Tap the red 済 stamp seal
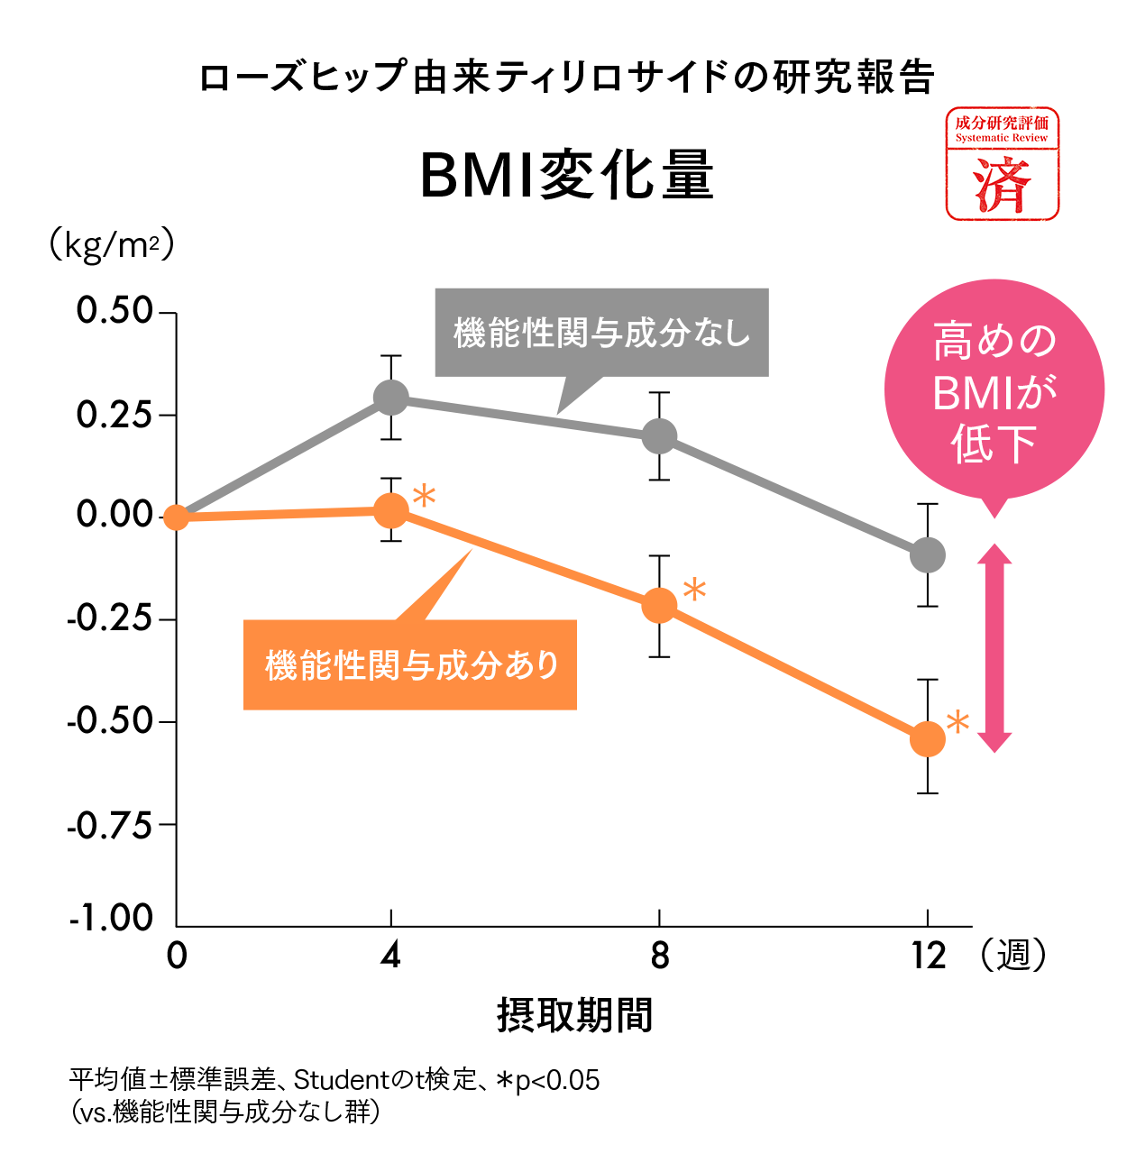pyautogui.click(x=1002, y=164)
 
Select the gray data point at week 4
pyautogui.click(x=390, y=398)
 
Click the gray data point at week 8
pyautogui.click(x=659, y=436)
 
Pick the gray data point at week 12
pyautogui.click(x=927, y=554)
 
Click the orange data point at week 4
pyautogui.click(x=390, y=511)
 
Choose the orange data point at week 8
pyautogui.click(x=659, y=605)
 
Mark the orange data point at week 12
pyautogui.click(x=927, y=739)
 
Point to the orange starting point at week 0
pyautogui.click(x=177, y=517)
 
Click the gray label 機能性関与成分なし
pyautogui.click(x=601, y=333)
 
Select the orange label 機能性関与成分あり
pyautogui.click(x=410, y=665)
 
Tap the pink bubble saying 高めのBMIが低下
pyautogui.click(x=994, y=393)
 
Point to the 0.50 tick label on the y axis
pyautogui.click(x=115, y=311)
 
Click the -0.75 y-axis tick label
pyautogui.click(x=110, y=825)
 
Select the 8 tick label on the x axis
pyautogui.click(x=660, y=956)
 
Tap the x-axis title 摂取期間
pyautogui.click(x=574, y=1015)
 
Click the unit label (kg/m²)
pyautogui.click(x=110, y=245)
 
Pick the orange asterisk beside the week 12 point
pyautogui.click(x=957, y=722)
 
